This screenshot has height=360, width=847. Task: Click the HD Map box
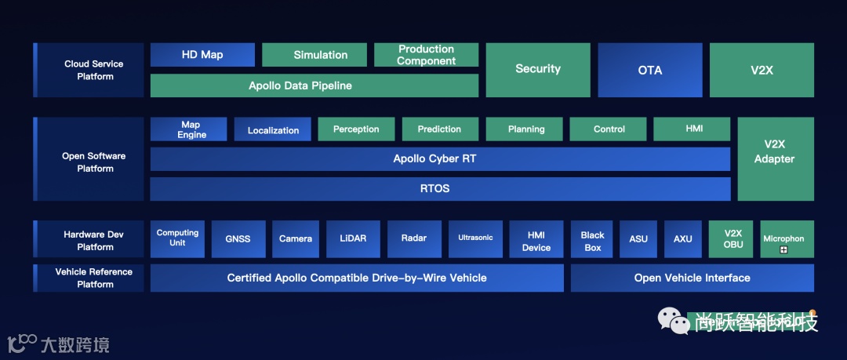click(x=202, y=55)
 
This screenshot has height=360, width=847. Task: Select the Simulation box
click(x=314, y=55)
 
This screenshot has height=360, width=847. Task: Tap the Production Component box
click(x=426, y=55)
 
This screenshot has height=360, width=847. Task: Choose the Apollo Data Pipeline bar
click(x=314, y=85)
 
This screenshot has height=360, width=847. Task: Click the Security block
click(x=538, y=70)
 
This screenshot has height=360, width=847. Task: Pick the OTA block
click(x=650, y=70)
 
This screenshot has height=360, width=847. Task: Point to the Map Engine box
click(x=188, y=129)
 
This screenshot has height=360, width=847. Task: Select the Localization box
click(x=273, y=129)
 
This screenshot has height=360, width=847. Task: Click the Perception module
click(x=356, y=129)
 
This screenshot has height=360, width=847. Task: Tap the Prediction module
click(x=439, y=129)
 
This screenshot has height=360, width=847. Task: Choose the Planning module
click(x=526, y=129)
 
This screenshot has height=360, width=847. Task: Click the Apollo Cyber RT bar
click(x=439, y=159)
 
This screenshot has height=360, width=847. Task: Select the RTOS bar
click(x=439, y=189)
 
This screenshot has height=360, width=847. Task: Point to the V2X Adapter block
click(x=775, y=159)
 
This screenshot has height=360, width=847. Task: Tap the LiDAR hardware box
click(x=353, y=238)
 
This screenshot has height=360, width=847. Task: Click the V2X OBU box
click(x=732, y=238)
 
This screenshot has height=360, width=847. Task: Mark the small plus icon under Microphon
click(x=783, y=250)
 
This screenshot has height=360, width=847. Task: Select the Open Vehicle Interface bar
click(x=692, y=278)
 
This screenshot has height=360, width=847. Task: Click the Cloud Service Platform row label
click(x=94, y=70)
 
